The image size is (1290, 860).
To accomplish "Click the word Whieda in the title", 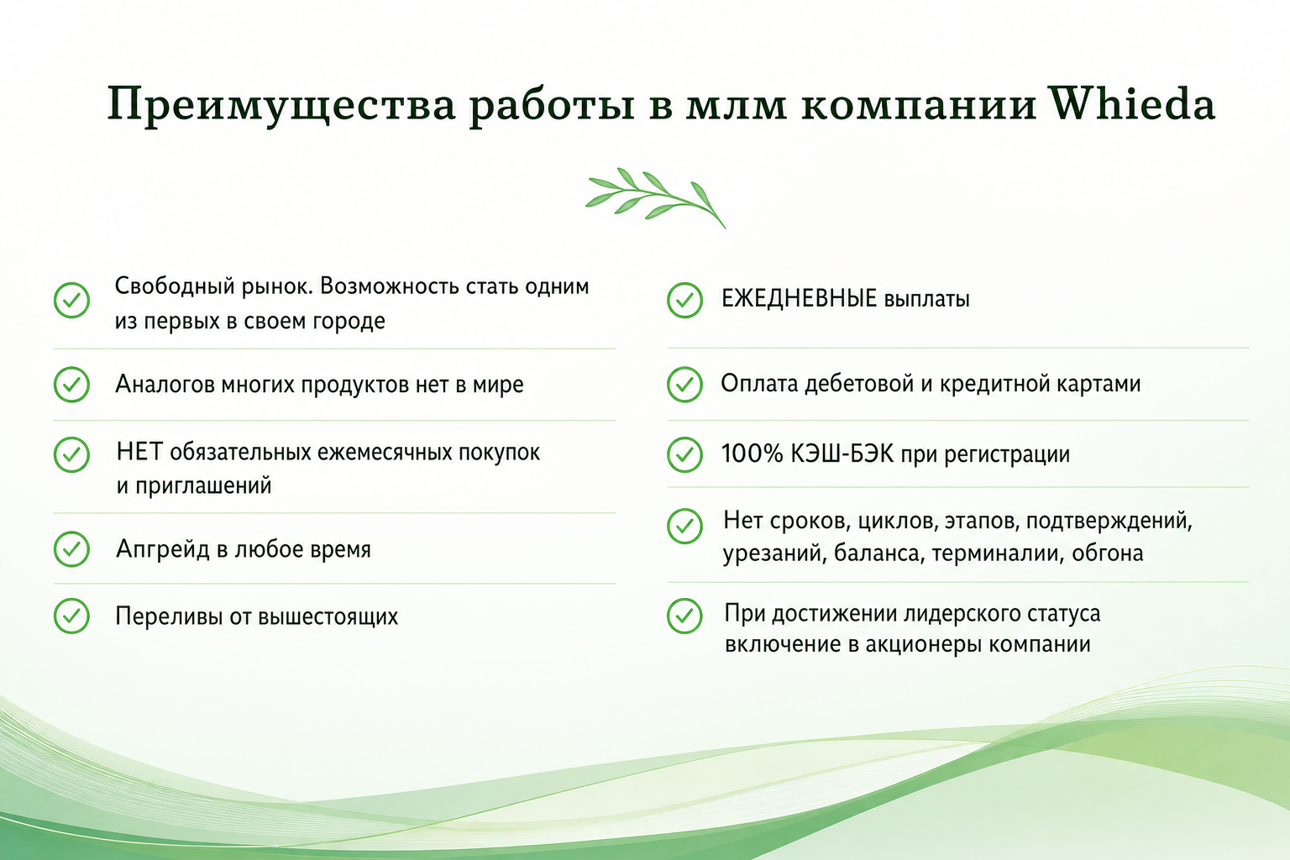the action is tap(1131, 103).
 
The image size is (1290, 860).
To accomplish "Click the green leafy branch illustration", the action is tap(655, 198).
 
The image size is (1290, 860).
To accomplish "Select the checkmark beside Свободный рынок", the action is tap(71, 300).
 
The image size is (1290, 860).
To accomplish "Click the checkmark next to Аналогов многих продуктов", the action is tap(71, 384).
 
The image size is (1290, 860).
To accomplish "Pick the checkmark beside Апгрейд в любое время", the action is tap(71, 549).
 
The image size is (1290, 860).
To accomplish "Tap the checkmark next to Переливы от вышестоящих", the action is tap(71, 616).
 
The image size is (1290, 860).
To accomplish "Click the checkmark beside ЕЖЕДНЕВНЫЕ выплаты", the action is tap(684, 300).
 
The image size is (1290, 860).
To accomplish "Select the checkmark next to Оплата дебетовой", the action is tap(684, 384).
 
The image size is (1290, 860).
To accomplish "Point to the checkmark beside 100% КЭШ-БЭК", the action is tap(684, 454).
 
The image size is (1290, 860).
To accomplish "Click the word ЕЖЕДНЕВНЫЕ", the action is tap(800, 298).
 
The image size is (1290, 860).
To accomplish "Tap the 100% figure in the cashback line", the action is tap(752, 454).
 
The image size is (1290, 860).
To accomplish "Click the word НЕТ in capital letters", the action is tap(140, 452).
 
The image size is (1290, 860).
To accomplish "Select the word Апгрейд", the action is tap(163, 549).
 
